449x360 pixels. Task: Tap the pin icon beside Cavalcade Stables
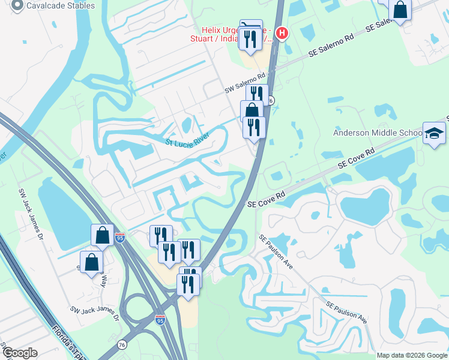pos(17,6)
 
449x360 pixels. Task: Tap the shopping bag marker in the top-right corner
pos(400,10)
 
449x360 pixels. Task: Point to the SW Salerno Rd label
pos(245,83)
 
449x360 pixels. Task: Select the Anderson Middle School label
pos(378,133)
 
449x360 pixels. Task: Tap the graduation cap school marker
pos(434,133)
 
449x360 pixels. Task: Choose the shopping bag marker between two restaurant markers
pos(252,111)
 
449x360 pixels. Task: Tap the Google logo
pos(19,353)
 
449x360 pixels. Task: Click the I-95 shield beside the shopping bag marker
pos(120,238)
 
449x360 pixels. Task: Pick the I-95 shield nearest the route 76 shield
pos(160,320)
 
